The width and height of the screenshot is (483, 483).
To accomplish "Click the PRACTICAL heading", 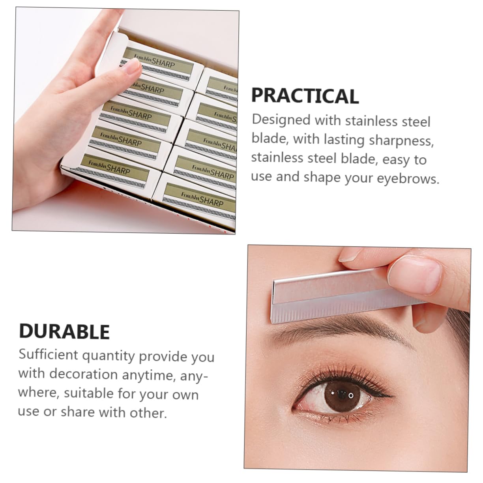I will tap(305, 96).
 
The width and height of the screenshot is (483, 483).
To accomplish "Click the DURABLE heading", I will tap(64, 331).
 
